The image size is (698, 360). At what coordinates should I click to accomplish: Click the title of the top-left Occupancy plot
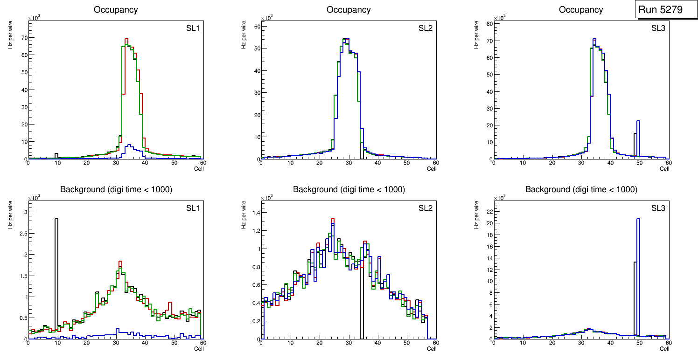[116, 10]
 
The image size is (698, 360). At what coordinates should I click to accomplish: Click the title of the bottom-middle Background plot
[349, 189]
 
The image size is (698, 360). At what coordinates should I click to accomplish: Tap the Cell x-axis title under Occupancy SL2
[432, 169]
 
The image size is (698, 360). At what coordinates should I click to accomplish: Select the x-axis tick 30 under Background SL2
[348, 343]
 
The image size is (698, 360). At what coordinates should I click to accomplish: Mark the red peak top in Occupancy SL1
[126, 39]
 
